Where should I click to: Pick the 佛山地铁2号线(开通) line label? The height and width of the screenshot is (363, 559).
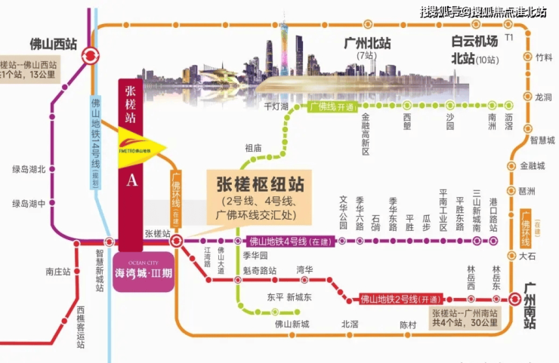pyautogui.click(x=402, y=297)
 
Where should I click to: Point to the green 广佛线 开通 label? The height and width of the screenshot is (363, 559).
pyautogui.click(x=332, y=107)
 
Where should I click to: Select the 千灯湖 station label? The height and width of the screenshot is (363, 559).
pyautogui.click(x=276, y=107)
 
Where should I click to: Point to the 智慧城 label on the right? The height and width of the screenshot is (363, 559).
pyautogui.click(x=542, y=140)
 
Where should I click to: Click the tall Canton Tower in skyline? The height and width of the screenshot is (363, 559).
pyautogui.click(x=284, y=45)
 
